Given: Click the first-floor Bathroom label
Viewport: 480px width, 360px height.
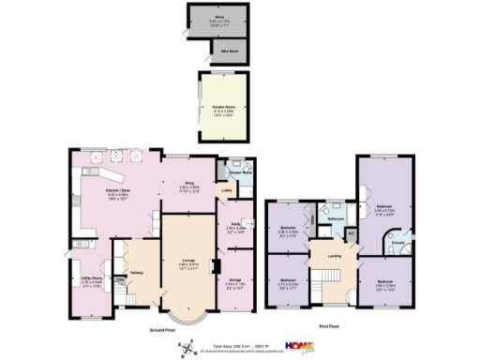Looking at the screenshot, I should tap(336, 218).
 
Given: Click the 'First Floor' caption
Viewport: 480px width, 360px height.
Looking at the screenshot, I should tap(328, 329).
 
